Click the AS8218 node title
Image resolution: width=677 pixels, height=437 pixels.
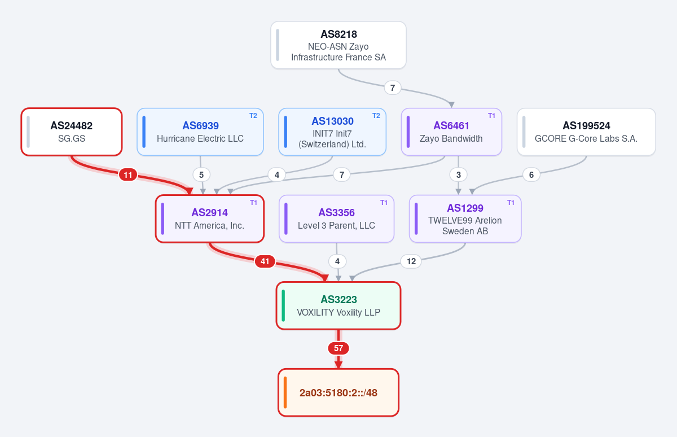click(x=338, y=34)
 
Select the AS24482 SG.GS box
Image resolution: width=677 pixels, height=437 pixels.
click(x=72, y=132)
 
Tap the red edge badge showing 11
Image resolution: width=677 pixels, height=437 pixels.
click(x=128, y=175)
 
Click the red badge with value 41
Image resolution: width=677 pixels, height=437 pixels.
click(x=265, y=261)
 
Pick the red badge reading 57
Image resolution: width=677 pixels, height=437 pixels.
click(x=338, y=348)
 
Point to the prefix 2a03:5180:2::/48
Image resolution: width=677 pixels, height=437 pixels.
click(x=338, y=392)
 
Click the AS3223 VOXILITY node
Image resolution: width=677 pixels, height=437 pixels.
click(x=338, y=305)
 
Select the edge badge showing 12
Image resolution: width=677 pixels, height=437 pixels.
click(x=411, y=261)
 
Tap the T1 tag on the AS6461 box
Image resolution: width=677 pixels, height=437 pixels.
click(x=491, y=116)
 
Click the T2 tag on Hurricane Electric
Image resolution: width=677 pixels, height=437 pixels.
click(x=253, y=116)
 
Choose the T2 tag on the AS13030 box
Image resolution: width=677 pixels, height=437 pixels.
click(x=376, y=116)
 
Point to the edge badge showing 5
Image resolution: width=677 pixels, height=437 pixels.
click(x=201, y=175)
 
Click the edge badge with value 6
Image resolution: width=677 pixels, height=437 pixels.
click(x=531, y=175)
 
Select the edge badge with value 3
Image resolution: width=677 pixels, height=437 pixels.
click(x=459, y=175)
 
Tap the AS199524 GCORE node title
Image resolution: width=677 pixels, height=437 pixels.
click(x=586, y=125)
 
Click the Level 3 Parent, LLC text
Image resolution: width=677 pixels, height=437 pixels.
click(x=336, y=226)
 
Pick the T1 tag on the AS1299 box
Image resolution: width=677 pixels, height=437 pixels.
click(x=511, y=203)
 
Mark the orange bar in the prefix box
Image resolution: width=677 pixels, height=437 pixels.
click(x=285, y=392)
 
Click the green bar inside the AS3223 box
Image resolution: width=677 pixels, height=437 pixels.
click(x=283, y=305)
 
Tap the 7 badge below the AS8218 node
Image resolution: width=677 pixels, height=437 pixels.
click(x=392, y=88)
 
